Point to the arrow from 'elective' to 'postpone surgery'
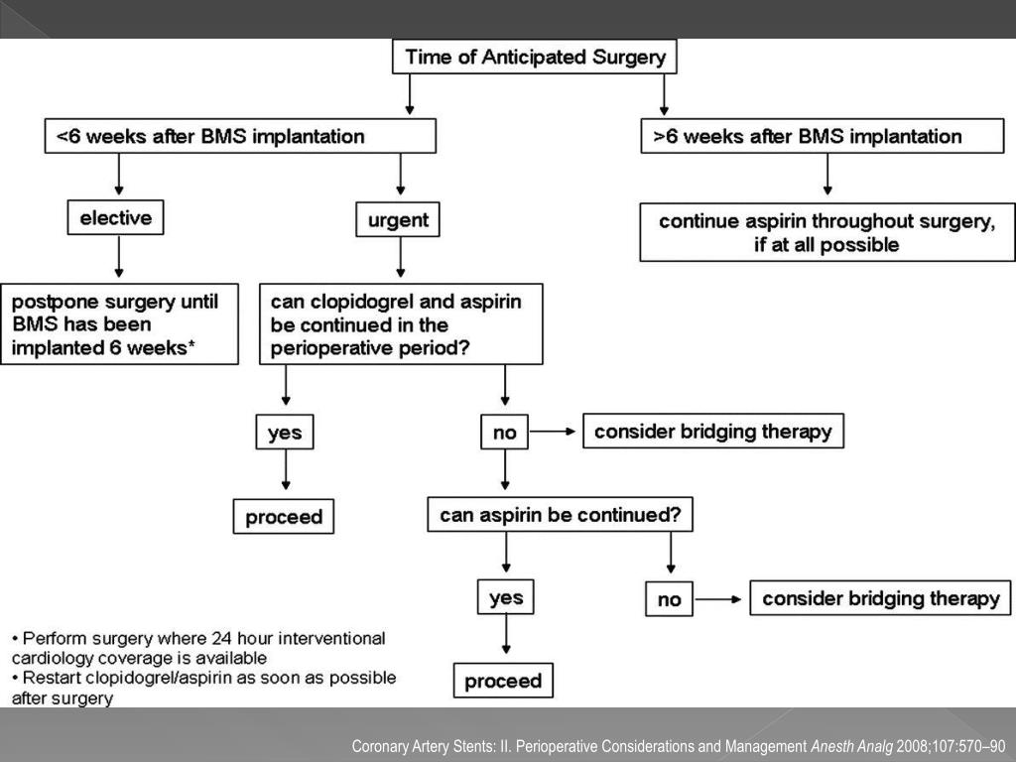pyautogui.click(x=119, y=256)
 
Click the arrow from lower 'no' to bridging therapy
pyautogui.click(x=718, y=599)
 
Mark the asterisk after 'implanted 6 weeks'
pyautogui.click(x=190, y=344)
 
